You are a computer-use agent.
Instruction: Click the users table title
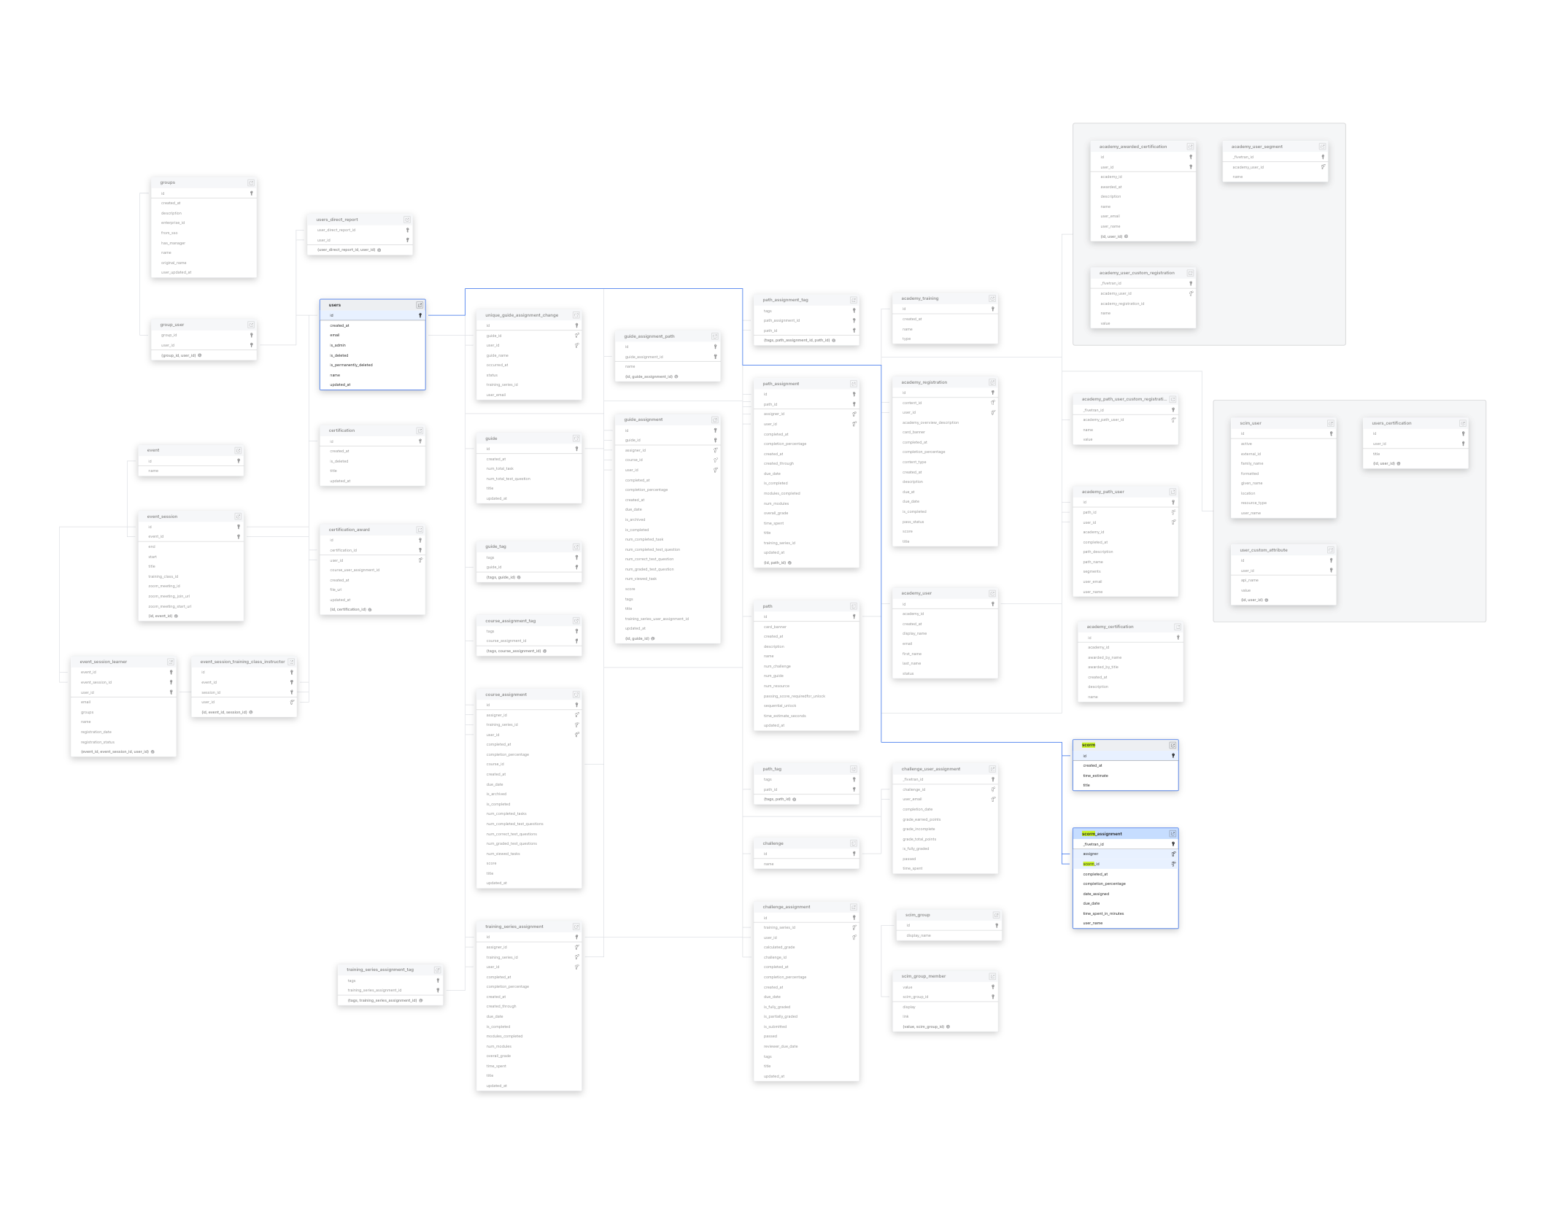[x=335, y=305]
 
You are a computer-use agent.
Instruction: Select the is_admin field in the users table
[x=338, y=345]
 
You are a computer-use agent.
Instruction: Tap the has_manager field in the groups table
[x=173, y=243]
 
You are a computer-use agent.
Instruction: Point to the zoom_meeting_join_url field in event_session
[x=169, y=596]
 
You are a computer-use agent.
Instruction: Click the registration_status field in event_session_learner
[x=98, y=742]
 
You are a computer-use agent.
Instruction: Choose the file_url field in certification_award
[x=336, y=589]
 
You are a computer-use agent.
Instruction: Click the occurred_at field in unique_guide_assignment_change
[x=497, y=365]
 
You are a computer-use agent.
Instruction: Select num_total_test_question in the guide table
[x=508, y=479]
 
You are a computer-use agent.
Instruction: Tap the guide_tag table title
[x=495, y=546]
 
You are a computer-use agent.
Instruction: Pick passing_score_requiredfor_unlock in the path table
[x=794, y=696]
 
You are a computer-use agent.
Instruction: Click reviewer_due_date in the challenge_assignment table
[x=780, y=1046]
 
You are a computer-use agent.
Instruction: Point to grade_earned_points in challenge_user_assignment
[x=921, y=819]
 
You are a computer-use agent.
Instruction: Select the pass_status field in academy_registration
[x=913, y=522]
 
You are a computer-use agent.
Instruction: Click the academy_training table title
[x=919, y=298]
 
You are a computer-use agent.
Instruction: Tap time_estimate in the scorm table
[x=1095, y=776]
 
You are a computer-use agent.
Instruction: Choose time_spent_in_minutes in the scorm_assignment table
[x=1103, y=913]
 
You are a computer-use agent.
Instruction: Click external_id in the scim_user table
[x=1251, y=454]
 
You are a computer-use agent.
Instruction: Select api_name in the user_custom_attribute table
[x=1249, y=580]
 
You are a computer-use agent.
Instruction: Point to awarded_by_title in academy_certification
[x=1102, y=667]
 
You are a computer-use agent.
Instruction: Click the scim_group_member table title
[x=923, y=976]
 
